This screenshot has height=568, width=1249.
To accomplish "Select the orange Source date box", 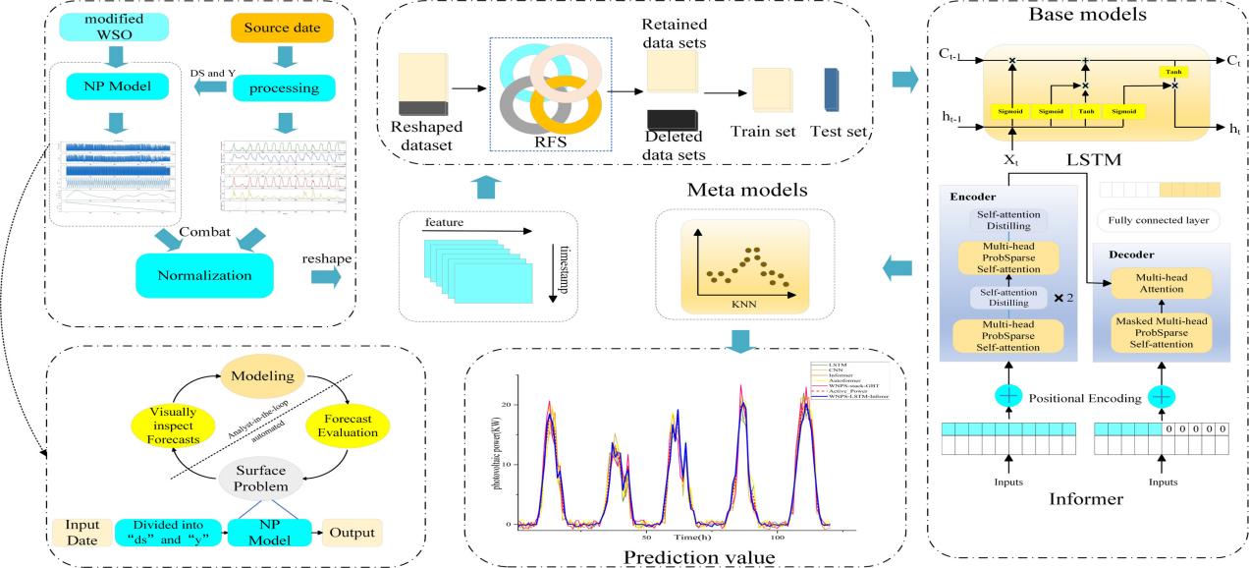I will click(281, 29).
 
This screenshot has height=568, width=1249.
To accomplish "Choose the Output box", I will click(352, 532).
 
